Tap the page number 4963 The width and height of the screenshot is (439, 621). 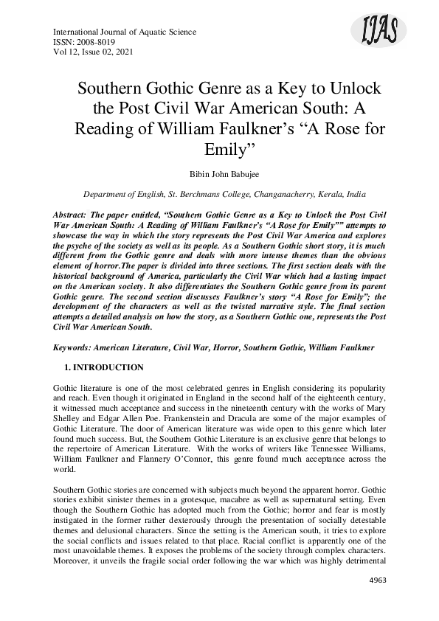[x=376, y=601]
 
